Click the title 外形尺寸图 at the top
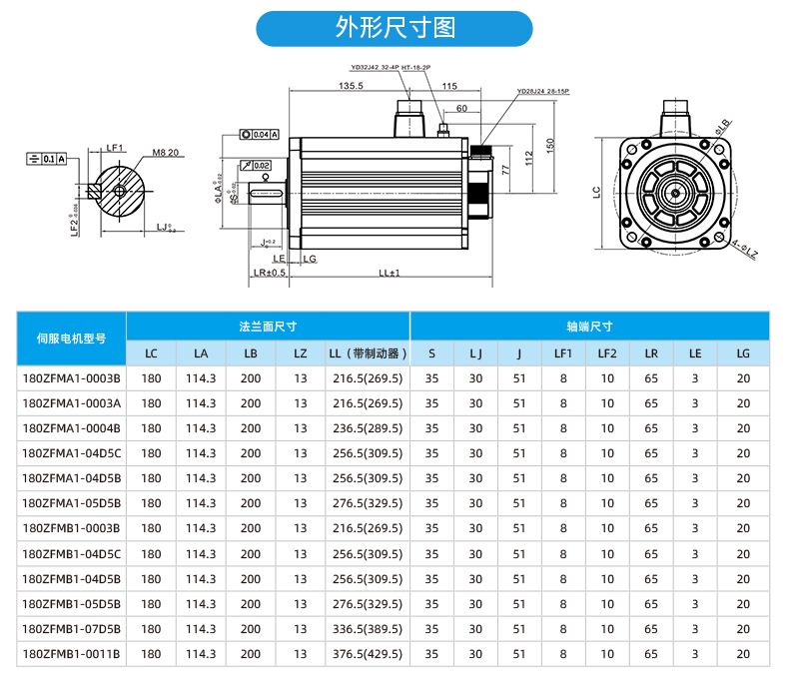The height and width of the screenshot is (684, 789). click(x=394, y=28)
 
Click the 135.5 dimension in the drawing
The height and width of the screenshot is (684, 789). click(x=351, y=87)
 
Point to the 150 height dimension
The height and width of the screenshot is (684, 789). click(x=549, y=146)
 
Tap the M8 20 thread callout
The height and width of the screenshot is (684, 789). click(x=166, y=153)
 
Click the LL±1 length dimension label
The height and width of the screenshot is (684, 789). click(x=389, y=273)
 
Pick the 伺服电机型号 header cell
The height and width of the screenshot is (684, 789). click(x=71, y=340)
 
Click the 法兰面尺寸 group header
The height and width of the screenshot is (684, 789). click(x=268, y=327)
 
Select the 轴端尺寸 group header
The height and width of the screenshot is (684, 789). click(x=589, y=327)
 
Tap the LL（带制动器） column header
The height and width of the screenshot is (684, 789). click(x=368, y=353)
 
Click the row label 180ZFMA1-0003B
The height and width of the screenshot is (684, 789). click(x=71, y=378)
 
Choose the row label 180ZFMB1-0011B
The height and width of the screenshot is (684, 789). click(x=71, y=654)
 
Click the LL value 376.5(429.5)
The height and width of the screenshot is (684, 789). click(x=368, y=654)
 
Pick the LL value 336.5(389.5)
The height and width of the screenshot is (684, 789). click(x=368, y=629)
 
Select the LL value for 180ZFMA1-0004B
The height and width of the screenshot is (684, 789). click(x=368, y=428)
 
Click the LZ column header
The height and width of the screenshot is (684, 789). click(x=301, y=353)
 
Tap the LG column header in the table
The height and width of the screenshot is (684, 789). click(x=742, y=353)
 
